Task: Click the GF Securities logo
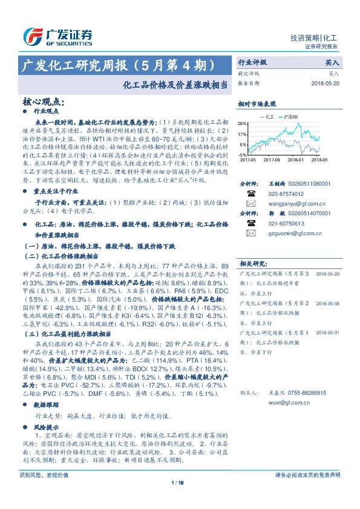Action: point(57,37)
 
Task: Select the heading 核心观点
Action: point(42,102)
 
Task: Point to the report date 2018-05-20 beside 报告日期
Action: point(326,83)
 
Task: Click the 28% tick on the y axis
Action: point(242,122)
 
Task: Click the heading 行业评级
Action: point(252,62)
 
